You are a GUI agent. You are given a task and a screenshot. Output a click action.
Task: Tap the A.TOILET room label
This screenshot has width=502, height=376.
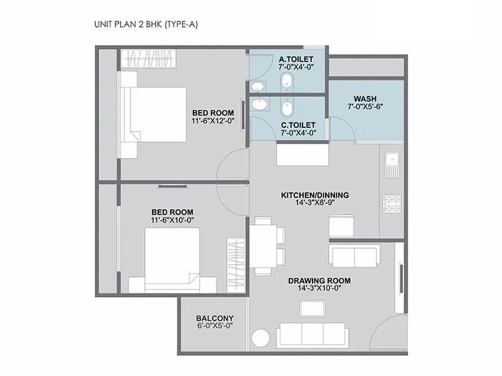point(296,60)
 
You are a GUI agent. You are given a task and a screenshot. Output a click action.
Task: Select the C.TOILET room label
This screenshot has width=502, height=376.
point(297,124)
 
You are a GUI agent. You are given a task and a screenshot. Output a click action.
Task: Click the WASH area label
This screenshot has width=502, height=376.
point(365,98)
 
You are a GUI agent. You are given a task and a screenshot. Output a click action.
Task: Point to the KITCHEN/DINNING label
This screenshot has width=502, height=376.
point(314,195)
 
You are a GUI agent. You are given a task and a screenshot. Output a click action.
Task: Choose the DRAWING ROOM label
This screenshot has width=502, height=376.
point(319,280)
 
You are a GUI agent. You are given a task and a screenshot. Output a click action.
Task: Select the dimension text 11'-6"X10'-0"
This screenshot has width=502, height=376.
point(172,221)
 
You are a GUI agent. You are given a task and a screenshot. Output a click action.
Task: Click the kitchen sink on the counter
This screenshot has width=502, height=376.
point(392,164)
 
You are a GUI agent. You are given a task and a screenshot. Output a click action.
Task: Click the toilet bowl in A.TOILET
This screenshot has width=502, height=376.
point(287,80)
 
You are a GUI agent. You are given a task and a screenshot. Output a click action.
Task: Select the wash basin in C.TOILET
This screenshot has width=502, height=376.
point(259,105)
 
